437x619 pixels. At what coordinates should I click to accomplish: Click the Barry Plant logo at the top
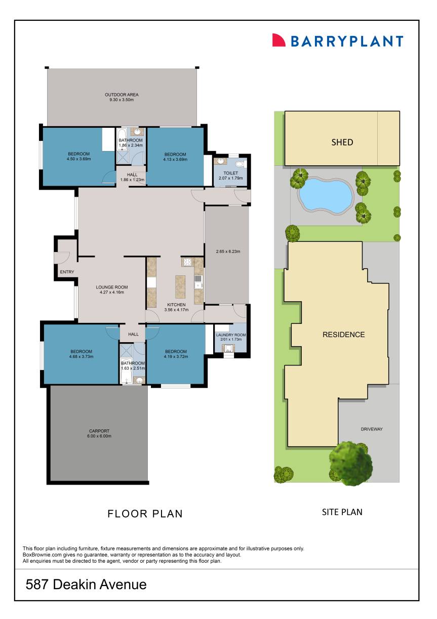pyautogui.click(x=338, y=41)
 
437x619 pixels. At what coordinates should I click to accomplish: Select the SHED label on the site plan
pyautogui.click(x=342, y=142)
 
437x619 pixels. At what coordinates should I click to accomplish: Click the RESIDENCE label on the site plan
pyautogui.click(x=343, y=335)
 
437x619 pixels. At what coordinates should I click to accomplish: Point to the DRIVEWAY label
pyautogui.click(x=372, y=429)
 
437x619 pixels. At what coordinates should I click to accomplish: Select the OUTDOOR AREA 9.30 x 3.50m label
pyautogui.click(x=122, y=97)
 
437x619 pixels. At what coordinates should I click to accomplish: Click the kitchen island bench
pyautogui.click(x=180, y=286)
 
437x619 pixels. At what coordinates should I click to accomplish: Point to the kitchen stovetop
pyautogui.click(x=186, y=263)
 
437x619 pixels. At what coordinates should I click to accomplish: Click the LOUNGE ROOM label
pyautogui.click(x=112, y=289)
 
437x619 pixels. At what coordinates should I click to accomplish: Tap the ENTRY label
pyautogui.click(x=67, y=272)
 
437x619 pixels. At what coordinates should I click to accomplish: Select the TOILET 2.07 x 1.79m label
pyautogui.click(x=230, y=175)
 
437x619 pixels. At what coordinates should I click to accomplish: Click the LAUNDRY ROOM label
pyautogui.click(x=230, y=338)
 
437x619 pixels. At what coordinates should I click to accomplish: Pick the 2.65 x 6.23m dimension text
pyautogui.click(x=227, y=251)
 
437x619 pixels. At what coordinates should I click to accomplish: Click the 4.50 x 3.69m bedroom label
pyautogui.click(x=78, y=157)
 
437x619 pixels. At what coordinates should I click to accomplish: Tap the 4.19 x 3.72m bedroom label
pyautogui.click(x=176, y=354)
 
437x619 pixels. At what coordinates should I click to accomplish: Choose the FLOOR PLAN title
pyautogui.click(x=145, y=514)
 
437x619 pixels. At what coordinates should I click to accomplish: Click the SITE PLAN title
pyautogui.click(x=342, y=512)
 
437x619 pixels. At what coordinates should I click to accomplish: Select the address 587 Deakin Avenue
pyautogui.click(x=86, y=585)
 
